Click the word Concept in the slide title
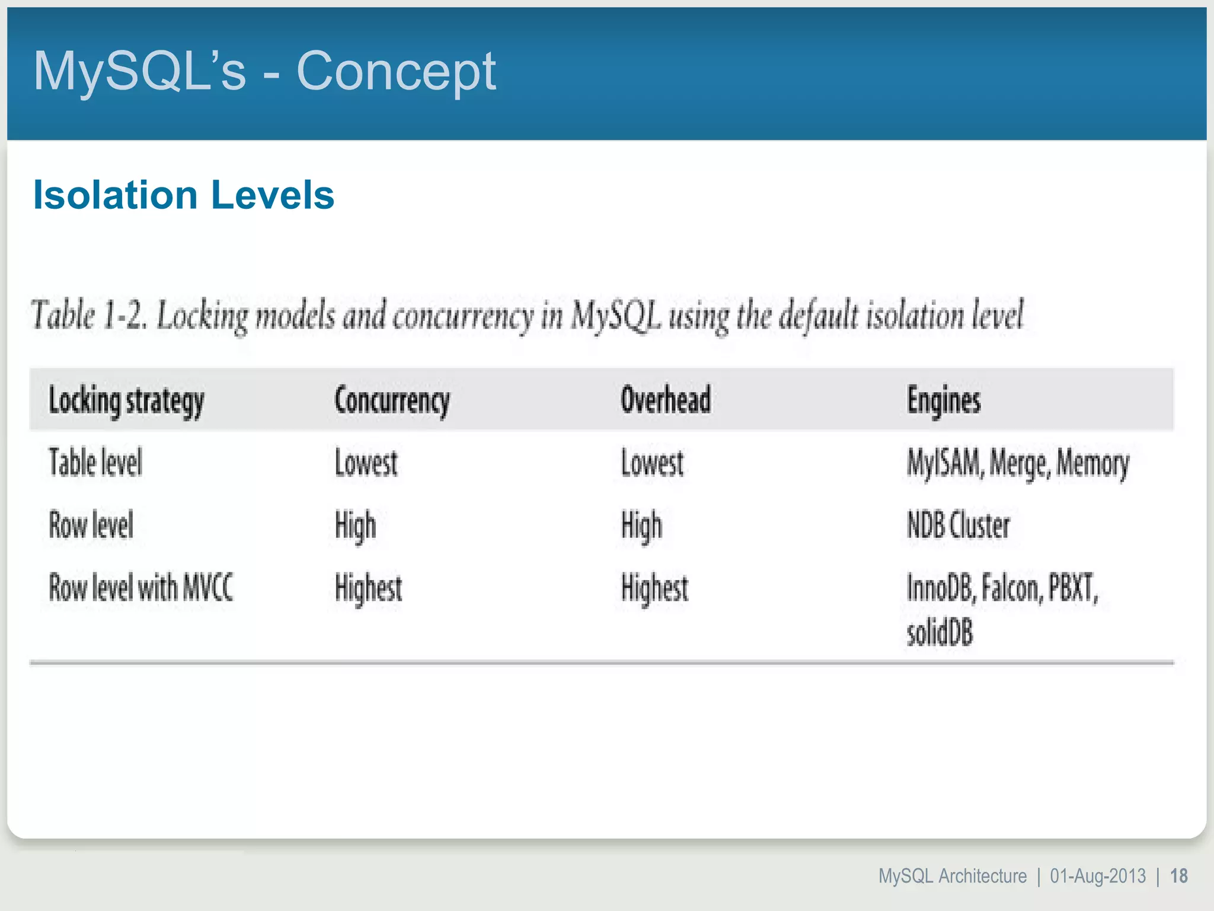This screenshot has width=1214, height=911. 395,71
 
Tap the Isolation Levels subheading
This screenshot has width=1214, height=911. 184,195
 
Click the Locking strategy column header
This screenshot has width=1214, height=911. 126,400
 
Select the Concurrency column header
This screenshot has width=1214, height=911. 392,400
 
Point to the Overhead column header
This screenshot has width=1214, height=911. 666,399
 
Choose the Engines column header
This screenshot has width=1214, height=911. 944,400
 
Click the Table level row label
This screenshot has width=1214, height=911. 95,463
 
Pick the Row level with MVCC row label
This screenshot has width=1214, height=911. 141,588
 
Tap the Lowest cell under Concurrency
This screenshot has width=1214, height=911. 366,463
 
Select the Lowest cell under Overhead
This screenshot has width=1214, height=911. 652,463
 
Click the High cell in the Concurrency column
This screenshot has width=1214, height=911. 355,526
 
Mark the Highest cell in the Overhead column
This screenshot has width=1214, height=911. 654,588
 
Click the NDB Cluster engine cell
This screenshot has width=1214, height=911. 958,525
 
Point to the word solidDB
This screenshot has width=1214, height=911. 940,632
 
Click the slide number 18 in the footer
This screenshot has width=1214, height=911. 1179,876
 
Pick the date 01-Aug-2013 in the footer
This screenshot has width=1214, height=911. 1098,876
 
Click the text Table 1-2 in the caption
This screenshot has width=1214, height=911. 89,315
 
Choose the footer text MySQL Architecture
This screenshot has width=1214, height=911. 952,876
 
